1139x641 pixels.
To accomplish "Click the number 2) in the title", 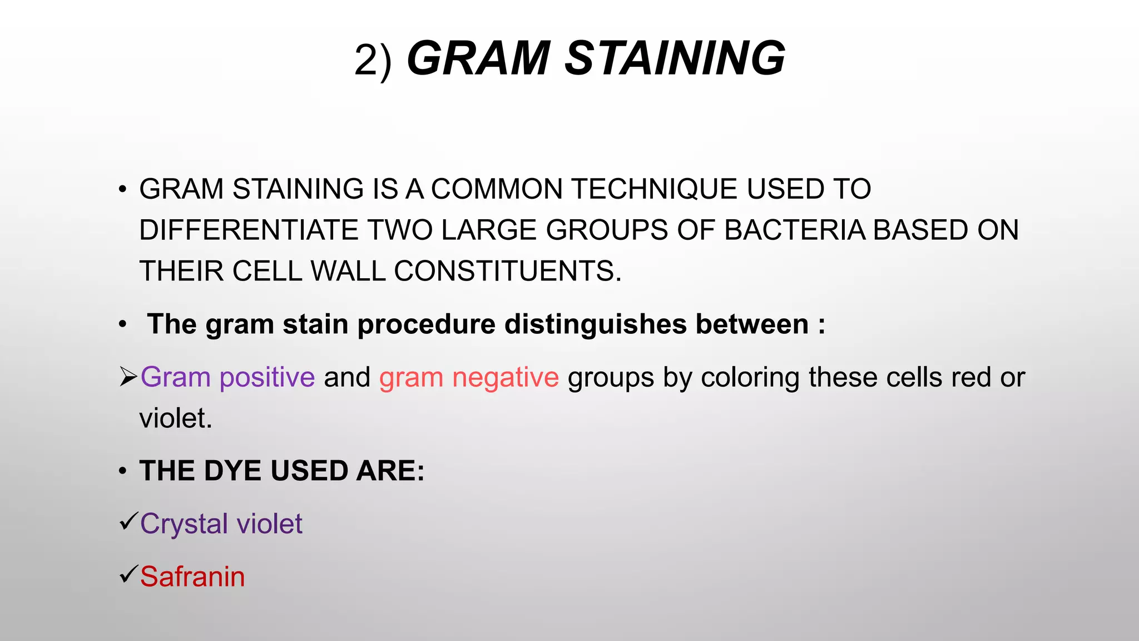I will [x=373, y=60].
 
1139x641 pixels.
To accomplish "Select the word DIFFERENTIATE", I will [x=249, y=230].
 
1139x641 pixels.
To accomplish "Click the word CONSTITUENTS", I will [x=507, y=272].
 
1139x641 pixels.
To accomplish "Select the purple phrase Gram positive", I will [x=227, y=377].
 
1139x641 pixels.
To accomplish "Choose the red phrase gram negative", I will [x=469, y=377].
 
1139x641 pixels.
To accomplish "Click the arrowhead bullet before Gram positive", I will [x=128, y=377].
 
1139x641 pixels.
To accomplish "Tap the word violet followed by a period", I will [x=175, y=418].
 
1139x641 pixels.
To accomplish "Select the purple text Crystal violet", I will [x=221, y=524].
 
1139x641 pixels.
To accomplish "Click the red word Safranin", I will [x=192, y=576].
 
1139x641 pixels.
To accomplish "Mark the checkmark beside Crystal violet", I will [x=128, y=521].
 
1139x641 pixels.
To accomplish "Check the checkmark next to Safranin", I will [x=128, y=574].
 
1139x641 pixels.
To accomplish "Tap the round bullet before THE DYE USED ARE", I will [x=123, y=471].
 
